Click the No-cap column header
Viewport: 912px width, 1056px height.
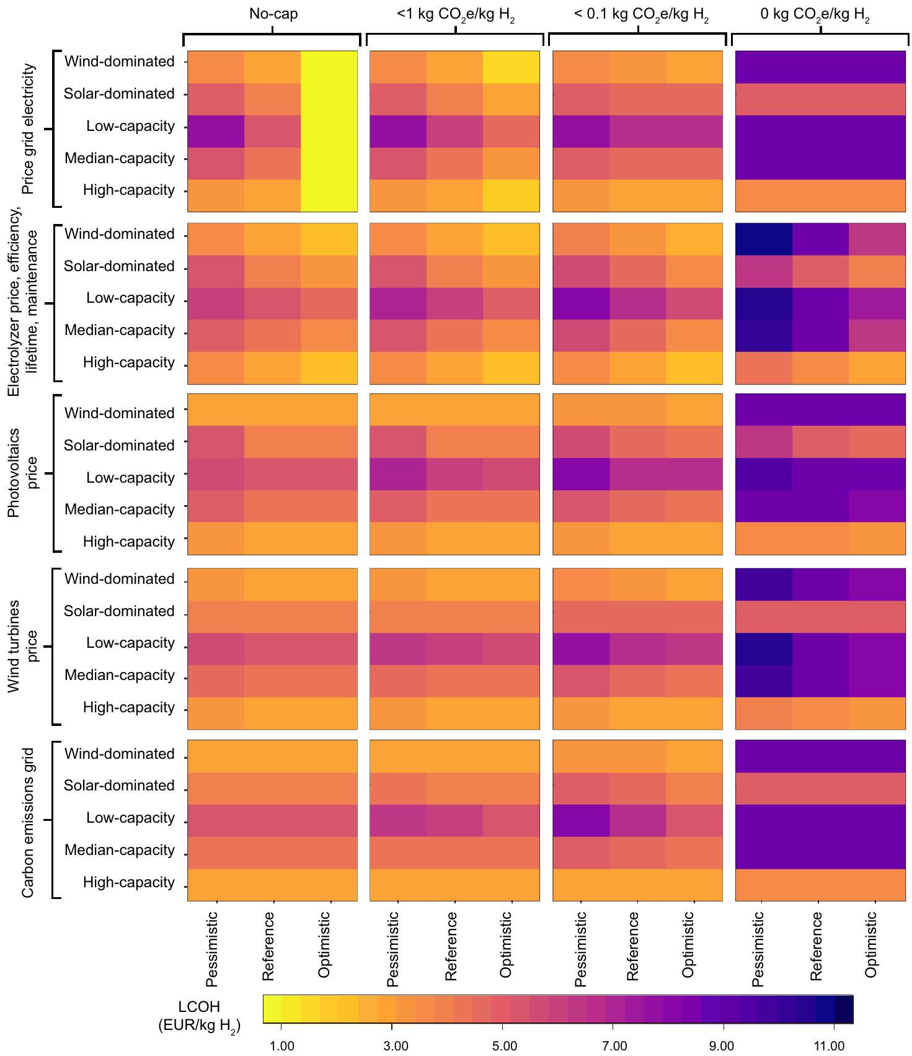point(273,14)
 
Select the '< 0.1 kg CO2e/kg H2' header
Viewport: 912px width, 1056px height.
point(641,15)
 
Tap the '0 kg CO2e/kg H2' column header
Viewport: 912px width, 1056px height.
point(815,15)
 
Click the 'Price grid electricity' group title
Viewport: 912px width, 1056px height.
point(29,129)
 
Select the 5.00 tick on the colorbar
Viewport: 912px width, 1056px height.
point(505,1046)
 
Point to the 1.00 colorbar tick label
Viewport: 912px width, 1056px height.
point(283,1046)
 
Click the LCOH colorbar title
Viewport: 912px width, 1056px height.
point(199,1016)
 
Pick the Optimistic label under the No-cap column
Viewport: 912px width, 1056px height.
point(324,944)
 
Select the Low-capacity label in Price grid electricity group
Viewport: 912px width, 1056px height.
point(130,127)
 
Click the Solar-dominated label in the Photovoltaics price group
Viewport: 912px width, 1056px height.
point(119,445)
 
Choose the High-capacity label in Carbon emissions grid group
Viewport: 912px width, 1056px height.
point(129,882)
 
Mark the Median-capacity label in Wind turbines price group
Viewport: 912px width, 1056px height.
point(120,675)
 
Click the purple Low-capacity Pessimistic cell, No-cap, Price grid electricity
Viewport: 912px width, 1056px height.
point(216,132)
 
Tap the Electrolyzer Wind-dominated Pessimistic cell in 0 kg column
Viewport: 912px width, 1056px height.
point(764,239)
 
